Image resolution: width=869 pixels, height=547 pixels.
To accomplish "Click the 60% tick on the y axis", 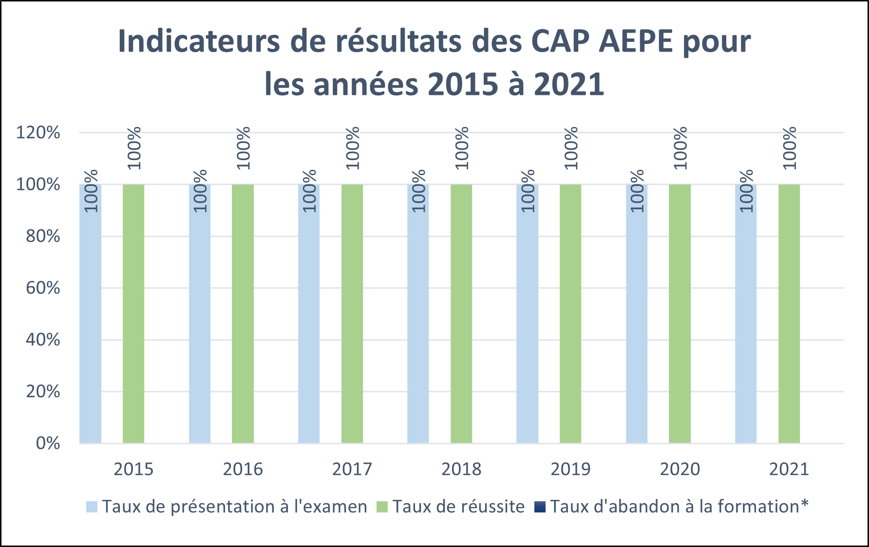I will click(43, 288).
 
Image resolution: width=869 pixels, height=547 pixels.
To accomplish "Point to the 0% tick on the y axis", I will click(48, 443).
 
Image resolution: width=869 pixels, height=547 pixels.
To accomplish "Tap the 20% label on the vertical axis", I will click(43, 392).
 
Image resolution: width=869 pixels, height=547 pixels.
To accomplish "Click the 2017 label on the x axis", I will click(352, 470).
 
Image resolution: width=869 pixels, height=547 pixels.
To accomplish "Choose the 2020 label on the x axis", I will click(680, 470).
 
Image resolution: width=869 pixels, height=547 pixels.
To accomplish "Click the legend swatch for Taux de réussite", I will click(382, 507).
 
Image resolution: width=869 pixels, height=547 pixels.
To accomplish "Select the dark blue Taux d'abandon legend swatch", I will click(540, 507).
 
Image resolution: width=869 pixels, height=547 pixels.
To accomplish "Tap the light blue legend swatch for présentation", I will click(92, 507).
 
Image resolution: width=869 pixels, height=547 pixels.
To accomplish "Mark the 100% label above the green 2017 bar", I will click(353, 148).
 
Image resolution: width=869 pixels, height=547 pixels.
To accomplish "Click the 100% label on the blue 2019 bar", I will click(528, 191).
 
